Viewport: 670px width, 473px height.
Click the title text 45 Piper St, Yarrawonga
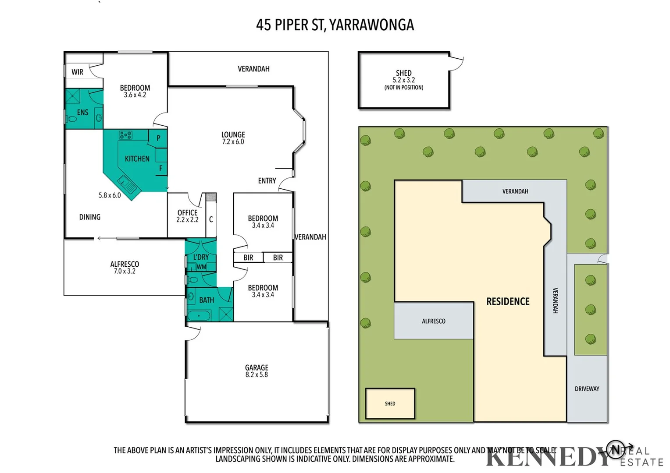click(335, 25)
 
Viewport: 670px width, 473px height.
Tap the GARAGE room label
click(257, 368)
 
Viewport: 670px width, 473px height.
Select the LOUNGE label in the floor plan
click(233, 135)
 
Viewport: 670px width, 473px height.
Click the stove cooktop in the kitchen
click(126, 135)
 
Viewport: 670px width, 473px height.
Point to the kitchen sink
click(127, 184)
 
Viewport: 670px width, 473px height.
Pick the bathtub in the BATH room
click(200, 315)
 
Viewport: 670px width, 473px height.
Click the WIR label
click(78, 72)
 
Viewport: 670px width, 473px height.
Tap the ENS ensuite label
click(82, 113)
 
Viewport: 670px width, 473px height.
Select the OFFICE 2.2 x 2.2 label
click(187, 216)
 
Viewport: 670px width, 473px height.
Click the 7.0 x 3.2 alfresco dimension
click(125, 272)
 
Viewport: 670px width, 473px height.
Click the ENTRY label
click(267, 181)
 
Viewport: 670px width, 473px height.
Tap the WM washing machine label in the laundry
click(201, 267)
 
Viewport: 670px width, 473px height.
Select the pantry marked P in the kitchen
click(158, 138)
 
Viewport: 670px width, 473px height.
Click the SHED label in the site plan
click(390, 404)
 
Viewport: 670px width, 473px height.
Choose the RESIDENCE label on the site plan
click(508, 301)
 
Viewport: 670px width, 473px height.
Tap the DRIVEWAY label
click(587, 389)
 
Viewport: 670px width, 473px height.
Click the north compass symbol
click(616, 449)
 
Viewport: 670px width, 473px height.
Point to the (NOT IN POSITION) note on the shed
click(404, 88)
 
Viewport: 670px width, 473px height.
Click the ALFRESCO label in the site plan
click(433, 321)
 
